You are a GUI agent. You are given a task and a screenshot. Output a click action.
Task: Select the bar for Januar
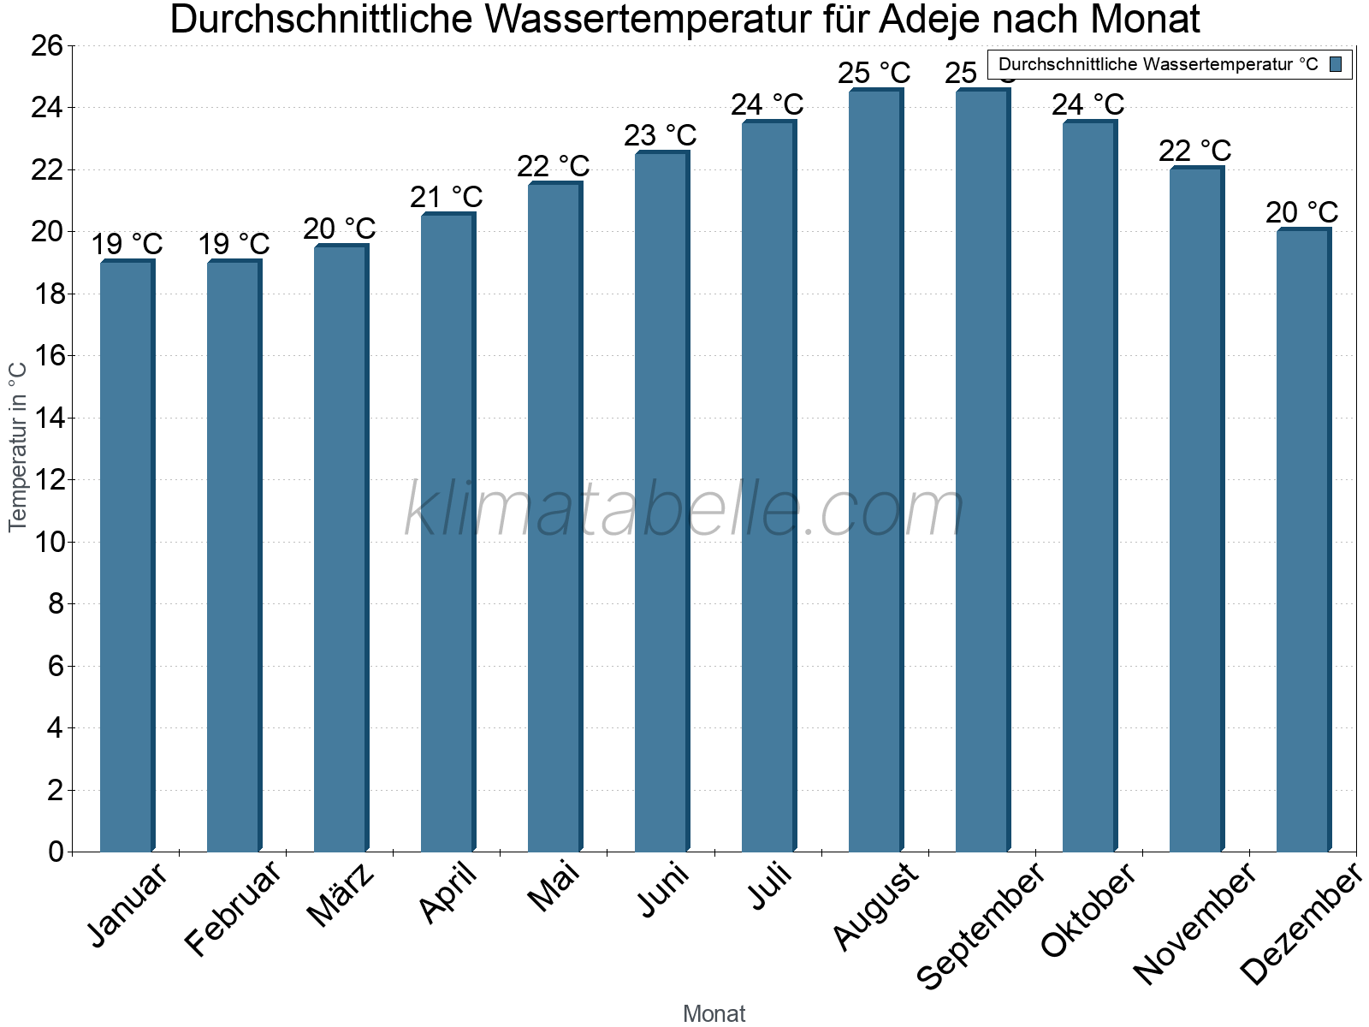click(x=127, y=556)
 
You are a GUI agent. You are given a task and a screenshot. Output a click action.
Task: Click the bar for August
click(x=875, y=471)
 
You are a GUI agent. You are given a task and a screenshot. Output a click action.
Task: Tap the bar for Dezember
click(x=1303, y=539)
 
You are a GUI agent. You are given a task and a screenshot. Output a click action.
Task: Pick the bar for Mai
click(x=554, y=518)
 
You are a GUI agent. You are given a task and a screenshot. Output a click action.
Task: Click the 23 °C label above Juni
click(x=660, y=135)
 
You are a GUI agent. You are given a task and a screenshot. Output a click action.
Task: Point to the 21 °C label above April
click(x=446, y=197)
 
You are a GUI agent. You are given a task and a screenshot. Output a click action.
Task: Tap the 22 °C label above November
click(x=1194, y=151)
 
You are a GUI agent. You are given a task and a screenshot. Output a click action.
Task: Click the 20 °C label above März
click(x=339, y=229)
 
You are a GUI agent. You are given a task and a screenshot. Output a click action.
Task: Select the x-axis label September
click(x=981, y=924)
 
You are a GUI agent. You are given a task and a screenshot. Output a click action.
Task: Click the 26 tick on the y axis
click(x=47, y=45)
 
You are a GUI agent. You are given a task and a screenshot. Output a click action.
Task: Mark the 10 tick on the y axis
click(x=47, y=542)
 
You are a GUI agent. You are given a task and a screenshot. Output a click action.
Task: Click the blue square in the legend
click(x=1336, y=64)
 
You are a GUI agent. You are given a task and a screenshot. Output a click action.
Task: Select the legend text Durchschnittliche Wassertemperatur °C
click(x=1158, y=64)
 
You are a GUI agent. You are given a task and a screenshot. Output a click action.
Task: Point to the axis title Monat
click(x=714, y=1013)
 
